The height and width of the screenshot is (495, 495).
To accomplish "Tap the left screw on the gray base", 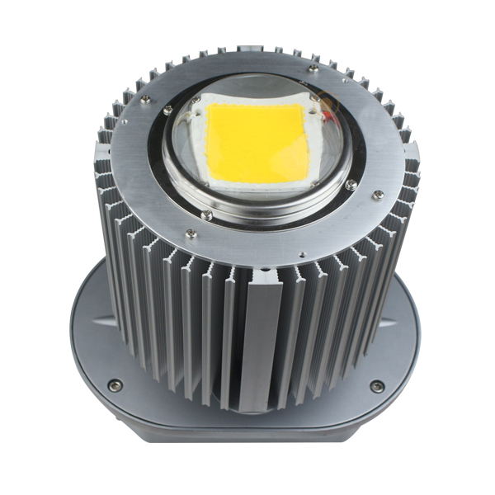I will click(115, 384).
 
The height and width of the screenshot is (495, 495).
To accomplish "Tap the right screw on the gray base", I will click(376, 385).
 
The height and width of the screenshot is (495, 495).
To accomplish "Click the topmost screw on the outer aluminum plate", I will click(313, 67).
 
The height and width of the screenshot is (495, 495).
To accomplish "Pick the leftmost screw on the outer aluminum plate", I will click(145, 98).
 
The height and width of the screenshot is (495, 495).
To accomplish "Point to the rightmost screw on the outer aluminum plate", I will click(378, 195).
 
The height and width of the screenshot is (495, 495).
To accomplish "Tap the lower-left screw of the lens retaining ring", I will click(206, 215).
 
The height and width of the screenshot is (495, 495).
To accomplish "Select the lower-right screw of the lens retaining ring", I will click(351, 186).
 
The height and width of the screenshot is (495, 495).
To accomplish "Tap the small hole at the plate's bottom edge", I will click(302, 254).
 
